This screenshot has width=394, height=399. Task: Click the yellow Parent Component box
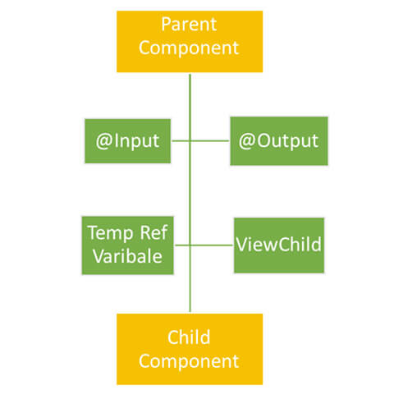[190, 42]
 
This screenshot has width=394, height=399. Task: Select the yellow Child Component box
[190, 349]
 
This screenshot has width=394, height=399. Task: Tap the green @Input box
[128, 141]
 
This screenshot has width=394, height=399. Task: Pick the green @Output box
[279, 141]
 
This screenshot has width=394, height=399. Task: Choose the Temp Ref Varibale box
[128, 245]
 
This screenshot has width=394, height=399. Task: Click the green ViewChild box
[279, 245]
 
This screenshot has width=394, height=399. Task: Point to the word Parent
[189, 25]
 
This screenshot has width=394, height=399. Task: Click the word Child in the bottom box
[189, 337]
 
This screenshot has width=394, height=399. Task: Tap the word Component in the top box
[189, 48]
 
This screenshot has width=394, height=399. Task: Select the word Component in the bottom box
[189, 361]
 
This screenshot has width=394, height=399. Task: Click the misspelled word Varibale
[127, 256]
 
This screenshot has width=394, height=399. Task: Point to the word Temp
[111, 233]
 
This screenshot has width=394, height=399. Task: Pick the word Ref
[153, 232]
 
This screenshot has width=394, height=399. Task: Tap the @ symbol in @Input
[104, 141]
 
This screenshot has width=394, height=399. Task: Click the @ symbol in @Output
[247, 141]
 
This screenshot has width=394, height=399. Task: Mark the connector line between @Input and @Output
[200, 141]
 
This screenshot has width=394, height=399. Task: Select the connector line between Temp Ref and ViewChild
[204, 245]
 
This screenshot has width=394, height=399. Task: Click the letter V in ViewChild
[243, 244]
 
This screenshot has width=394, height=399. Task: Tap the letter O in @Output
[263, 140]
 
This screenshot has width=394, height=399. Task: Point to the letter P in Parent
[166, 25]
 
